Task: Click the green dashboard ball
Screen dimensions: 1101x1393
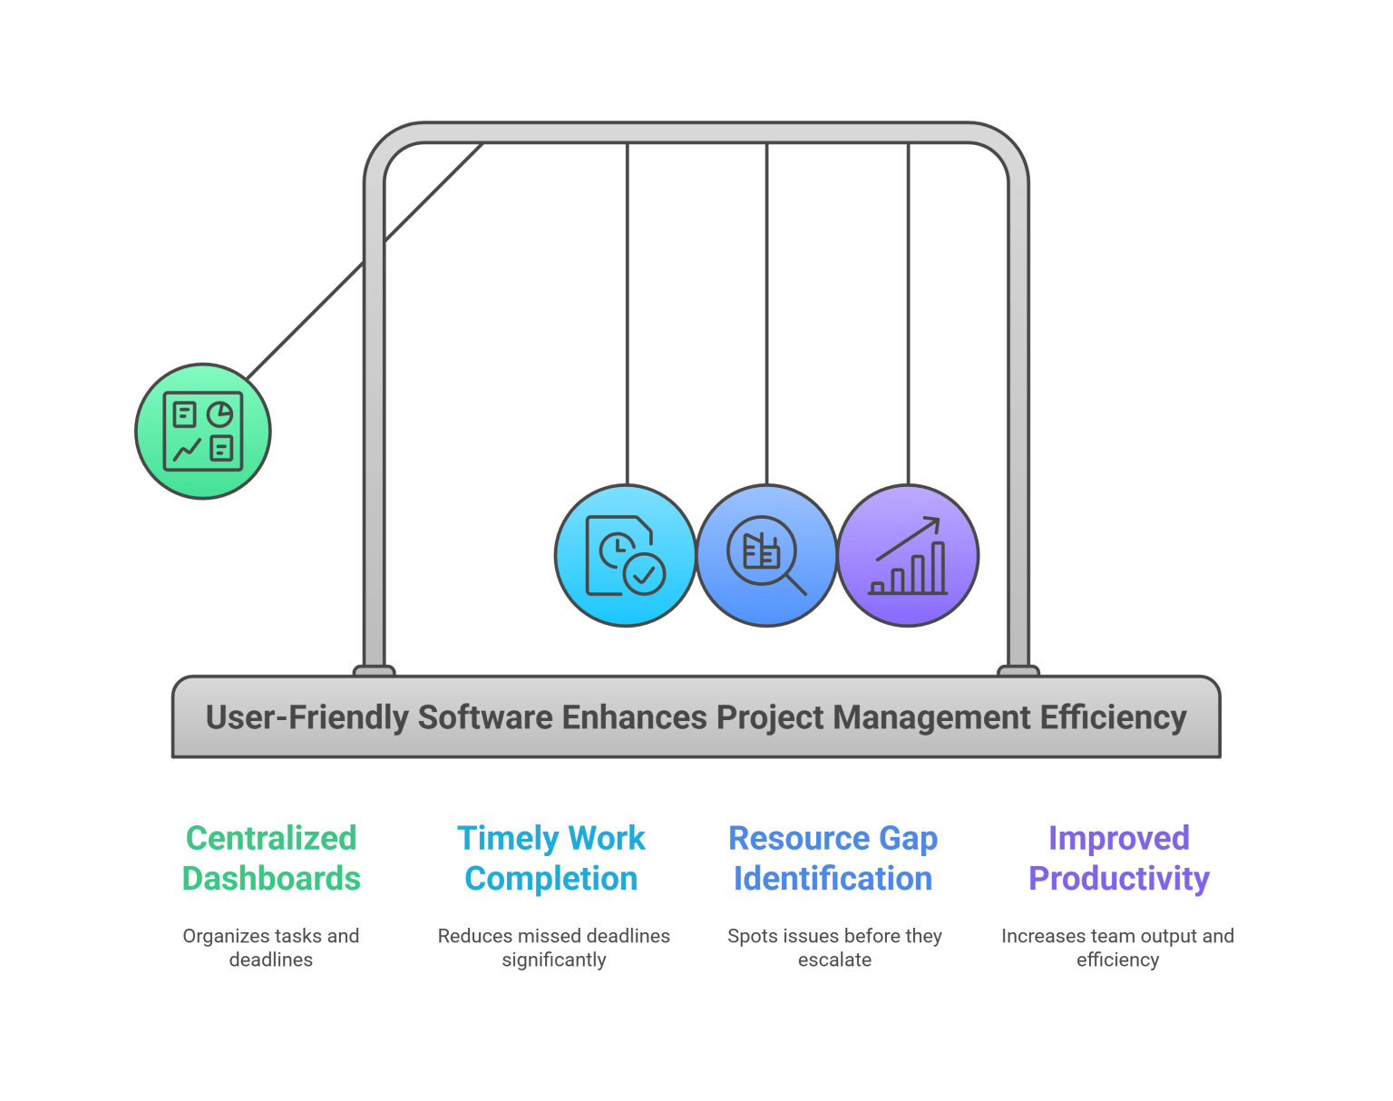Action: pyautogui.click(x=203, y=432)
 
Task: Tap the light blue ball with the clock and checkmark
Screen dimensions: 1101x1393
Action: pyautogui.click(x=626, y=555)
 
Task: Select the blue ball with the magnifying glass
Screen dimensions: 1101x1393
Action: pyautogui.click(x=766, y=555)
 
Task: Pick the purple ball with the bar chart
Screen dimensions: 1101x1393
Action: pyautogui.click(x=908, y=555)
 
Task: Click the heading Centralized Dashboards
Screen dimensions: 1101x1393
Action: pyautogui.click(x=271, y=858)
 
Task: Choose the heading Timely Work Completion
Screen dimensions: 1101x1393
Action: pyautogui.click(x=551, y=858)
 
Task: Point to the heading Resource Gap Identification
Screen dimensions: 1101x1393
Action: pyautogui.click(x=833, y=858)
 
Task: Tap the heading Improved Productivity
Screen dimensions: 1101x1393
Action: pyautogui.click(x=1118, y=858)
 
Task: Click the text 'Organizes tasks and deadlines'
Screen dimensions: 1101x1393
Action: pyautogui.click(x=271, y=948)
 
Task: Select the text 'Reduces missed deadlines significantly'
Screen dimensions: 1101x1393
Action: pyautogui.click(x=554, y=948)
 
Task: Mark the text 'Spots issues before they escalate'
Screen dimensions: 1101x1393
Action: pyautogui.click(x=834, y=948)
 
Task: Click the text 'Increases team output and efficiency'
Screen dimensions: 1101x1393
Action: pyautogui.click(x=1117, y=948)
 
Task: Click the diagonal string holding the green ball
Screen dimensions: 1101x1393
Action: pyautogui.click(x=363, y=263)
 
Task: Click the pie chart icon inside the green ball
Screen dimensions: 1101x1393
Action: pyautogui.click(x=219, y=415)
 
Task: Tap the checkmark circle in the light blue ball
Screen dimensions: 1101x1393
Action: pyautogui.click(x=645, y=574)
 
